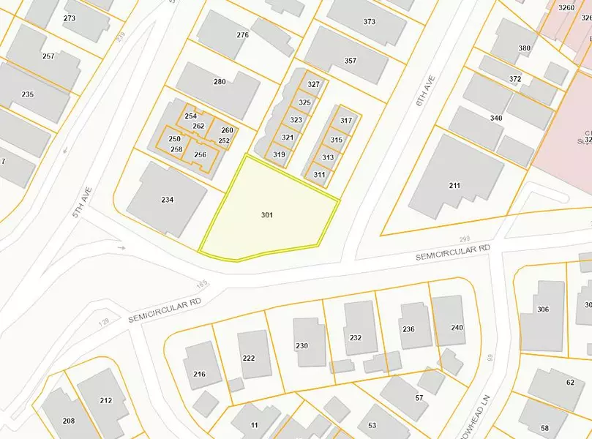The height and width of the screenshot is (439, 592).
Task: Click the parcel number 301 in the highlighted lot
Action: (x=266, y=215)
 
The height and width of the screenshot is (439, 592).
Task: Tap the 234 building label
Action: (x=168, y=200)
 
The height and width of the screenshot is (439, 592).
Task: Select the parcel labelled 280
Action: (x=220, y=81)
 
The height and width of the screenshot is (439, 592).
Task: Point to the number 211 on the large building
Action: (x=454, y=185)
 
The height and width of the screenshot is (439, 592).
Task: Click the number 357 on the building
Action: (x=351, y=61)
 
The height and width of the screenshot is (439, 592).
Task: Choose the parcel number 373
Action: (x=370, y=22)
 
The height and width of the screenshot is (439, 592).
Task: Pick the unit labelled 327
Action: (x=314, y=86)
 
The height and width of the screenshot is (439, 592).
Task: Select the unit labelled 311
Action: (x=319, y=175)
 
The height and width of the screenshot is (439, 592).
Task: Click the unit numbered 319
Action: (x=279, y=154)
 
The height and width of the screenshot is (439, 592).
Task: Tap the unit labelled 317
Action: (x=346, y=121)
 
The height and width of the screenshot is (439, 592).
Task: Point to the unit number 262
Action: (x=198, y=126)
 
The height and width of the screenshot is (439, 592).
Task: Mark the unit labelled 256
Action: (x=200, y=154)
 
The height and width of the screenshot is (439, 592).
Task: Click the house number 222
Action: (x=249, y=357)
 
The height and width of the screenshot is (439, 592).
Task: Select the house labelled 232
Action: (x=356, y=337)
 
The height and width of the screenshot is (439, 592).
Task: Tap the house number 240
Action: (x=457, y=328)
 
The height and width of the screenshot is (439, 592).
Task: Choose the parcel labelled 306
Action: (x=543, y=309)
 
